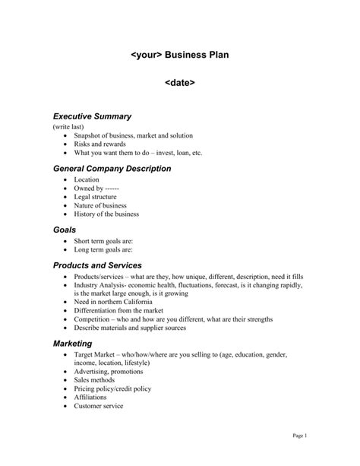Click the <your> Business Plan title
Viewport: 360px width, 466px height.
[x=179, y=55]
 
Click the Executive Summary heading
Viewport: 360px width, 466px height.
[x=92, y=116]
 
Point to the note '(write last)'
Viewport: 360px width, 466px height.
[x=69, y=126]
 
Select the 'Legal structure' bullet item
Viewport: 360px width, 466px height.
[x=96, y=197]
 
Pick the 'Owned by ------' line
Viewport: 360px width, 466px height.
[x=96, y=189]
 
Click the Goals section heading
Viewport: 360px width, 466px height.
[x=65, y=229]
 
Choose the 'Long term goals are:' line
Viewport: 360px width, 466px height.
[x=103, y=249]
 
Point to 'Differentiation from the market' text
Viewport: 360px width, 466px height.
[x=118, y=310]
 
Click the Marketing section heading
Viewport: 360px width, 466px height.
[x=72, y=344]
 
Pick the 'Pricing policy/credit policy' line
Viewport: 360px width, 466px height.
[x=112, y=388]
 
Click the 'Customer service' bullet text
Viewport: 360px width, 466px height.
[x=98, y=406]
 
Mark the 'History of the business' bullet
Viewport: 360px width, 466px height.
[x=106, y=214]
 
